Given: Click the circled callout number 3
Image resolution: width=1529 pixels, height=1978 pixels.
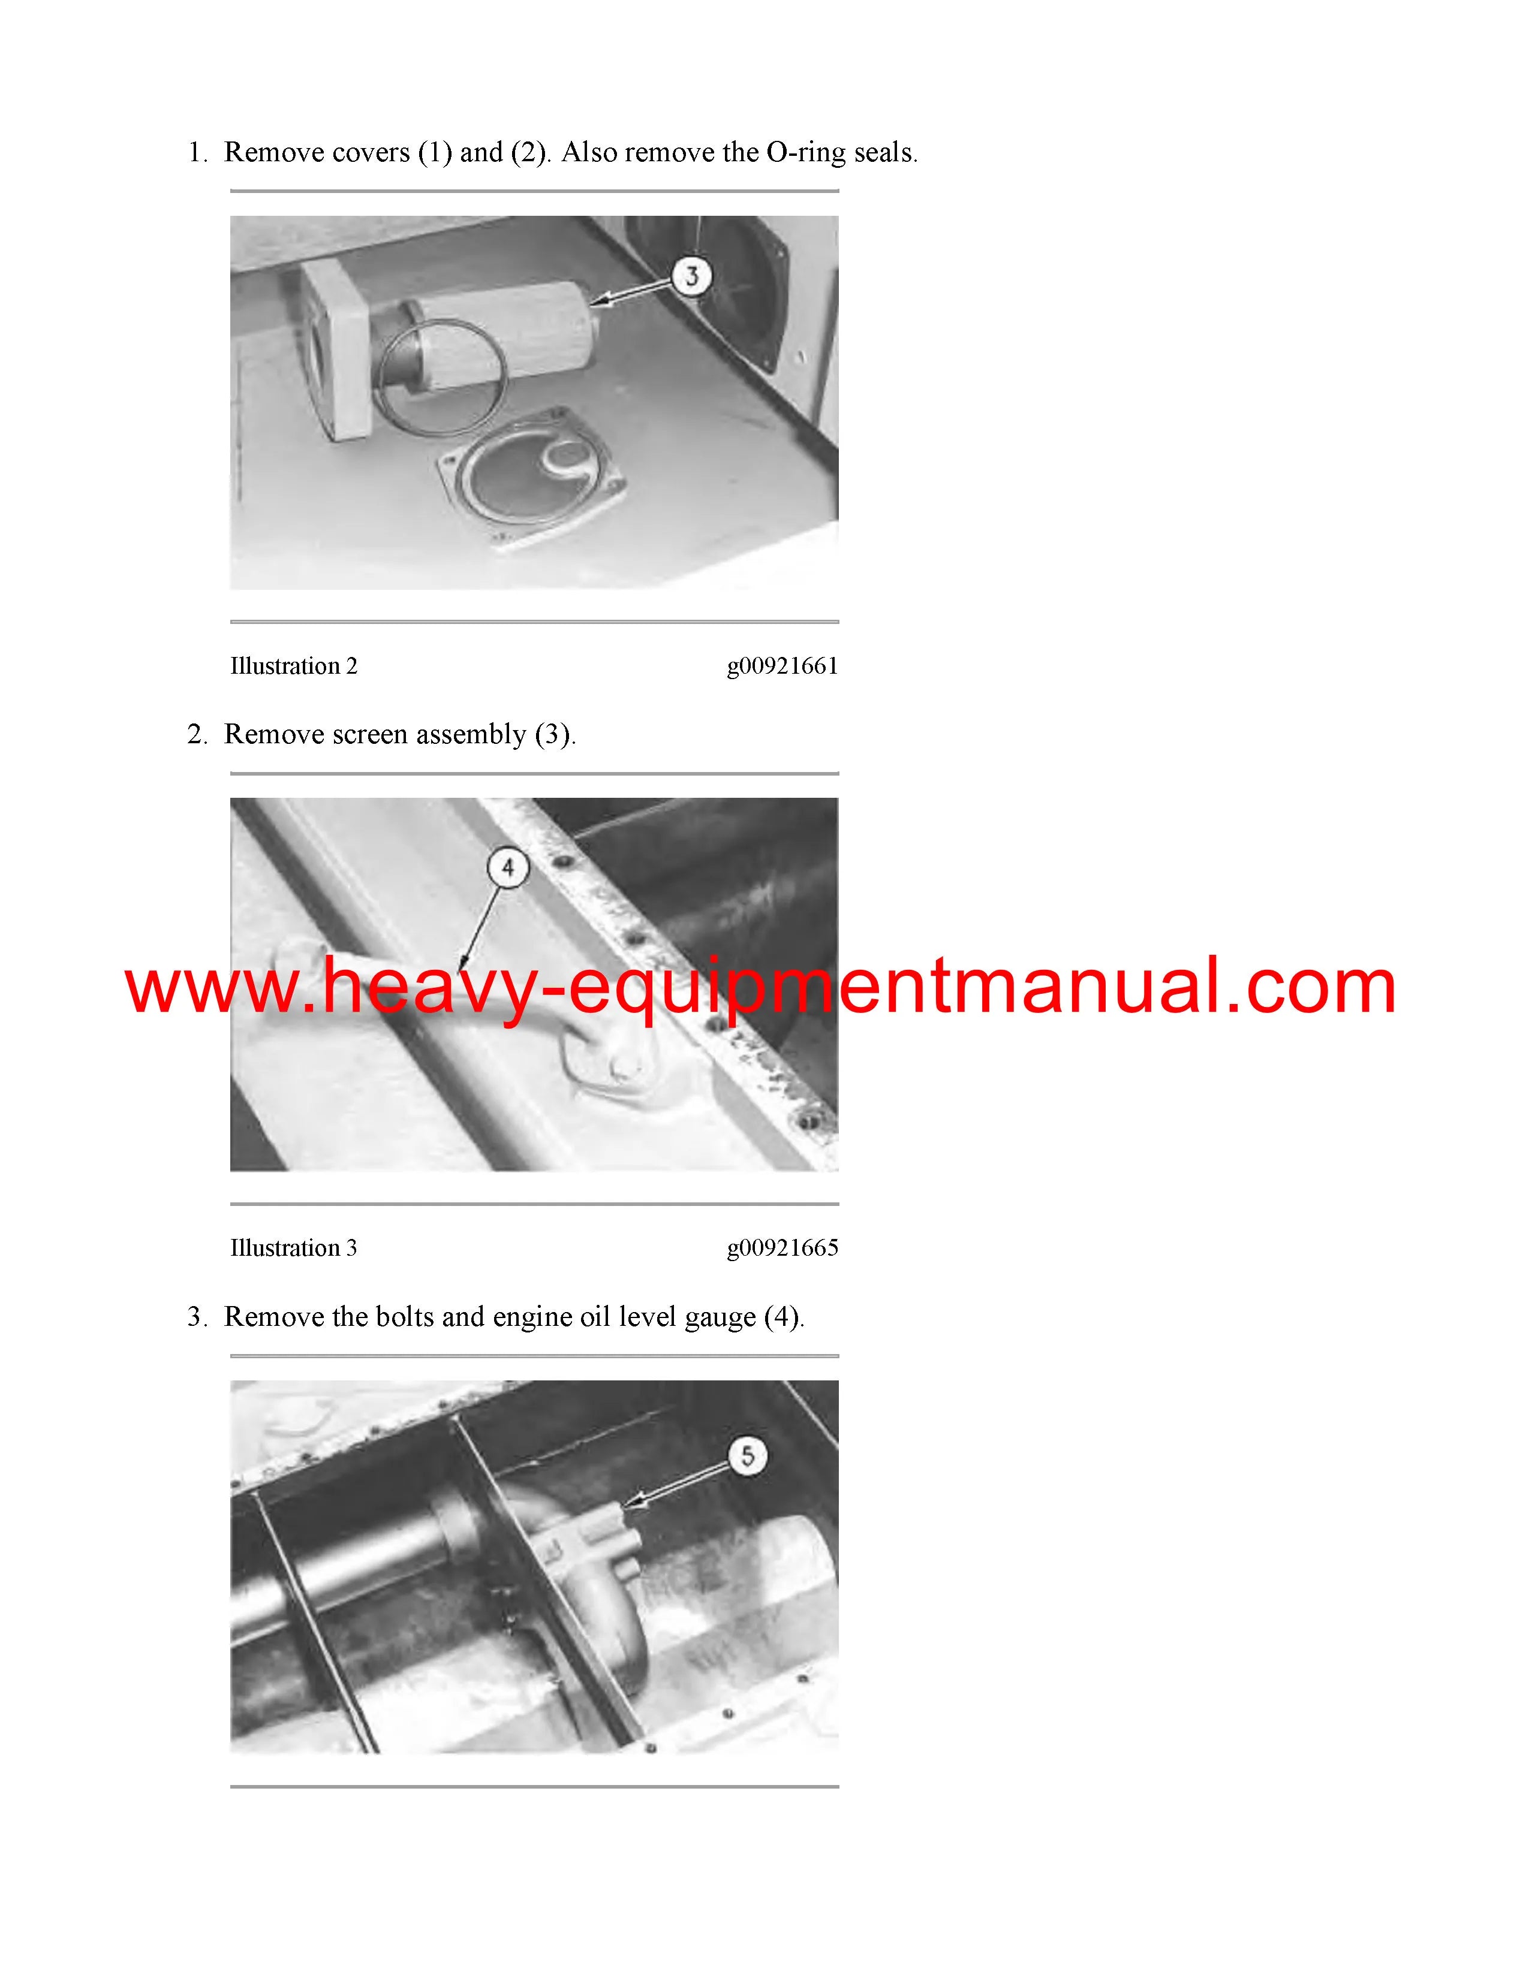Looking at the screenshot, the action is click(x=692, y=275).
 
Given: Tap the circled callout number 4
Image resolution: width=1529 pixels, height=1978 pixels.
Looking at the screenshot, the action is click(x=507, y=869).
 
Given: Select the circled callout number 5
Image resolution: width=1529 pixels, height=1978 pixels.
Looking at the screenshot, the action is click(x=747, y=1455).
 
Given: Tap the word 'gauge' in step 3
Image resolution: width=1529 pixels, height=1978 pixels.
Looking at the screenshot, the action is click(x=719, y=1317).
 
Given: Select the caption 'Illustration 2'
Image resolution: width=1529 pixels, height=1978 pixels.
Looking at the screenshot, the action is click(x=293, y=667).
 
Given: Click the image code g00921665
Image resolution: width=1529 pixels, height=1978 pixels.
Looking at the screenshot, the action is click(x=782, y=1249).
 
